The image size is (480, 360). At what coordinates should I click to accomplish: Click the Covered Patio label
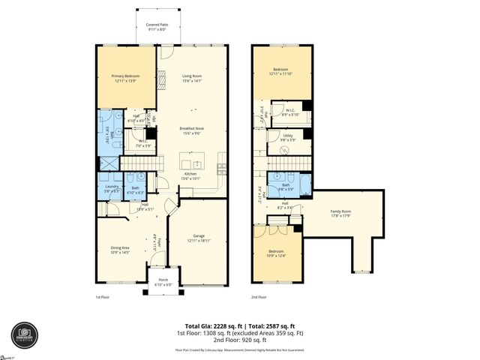coord(157,25)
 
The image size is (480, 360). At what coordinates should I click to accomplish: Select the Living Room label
coord(193,76)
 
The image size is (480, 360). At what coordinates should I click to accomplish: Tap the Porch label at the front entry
coord(163,282)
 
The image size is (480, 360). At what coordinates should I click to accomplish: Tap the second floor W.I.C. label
coord(292,110)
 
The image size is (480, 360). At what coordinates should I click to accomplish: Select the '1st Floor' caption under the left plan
coord(103,296)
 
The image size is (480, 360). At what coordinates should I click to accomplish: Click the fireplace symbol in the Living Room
coord(160,76)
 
